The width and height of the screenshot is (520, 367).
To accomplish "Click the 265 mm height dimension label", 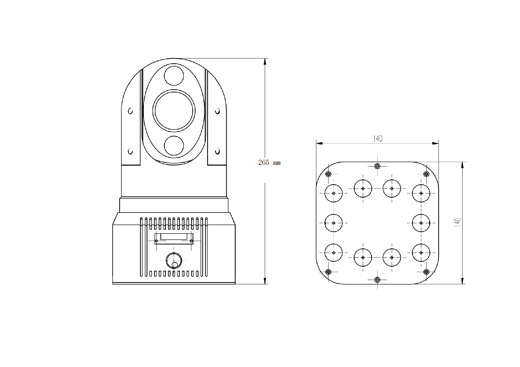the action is point(269,163).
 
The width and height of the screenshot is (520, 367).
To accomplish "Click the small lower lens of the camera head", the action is point(174,146).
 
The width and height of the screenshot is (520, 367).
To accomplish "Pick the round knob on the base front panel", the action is point(174,260).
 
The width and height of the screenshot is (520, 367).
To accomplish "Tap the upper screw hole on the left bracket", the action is point(130,111).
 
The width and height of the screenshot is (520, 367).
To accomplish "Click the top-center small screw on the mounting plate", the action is point(377,166).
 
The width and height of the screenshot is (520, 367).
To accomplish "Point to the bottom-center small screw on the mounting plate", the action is point(377,280).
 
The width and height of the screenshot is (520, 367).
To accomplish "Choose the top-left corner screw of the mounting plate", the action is point(328,174).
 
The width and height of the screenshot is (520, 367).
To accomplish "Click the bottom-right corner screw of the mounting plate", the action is point(426,272).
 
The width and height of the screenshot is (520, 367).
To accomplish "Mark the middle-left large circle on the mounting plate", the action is point(334,223).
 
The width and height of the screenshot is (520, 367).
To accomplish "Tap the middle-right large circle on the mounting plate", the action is point(421,223).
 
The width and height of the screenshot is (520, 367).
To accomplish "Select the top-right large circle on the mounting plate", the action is point(421,193).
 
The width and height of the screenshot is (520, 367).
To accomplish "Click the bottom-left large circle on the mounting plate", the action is point(334,253).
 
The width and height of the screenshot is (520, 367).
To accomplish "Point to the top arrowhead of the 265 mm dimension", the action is point(265,61).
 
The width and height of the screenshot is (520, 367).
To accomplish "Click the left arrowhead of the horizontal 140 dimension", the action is point(319,143).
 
